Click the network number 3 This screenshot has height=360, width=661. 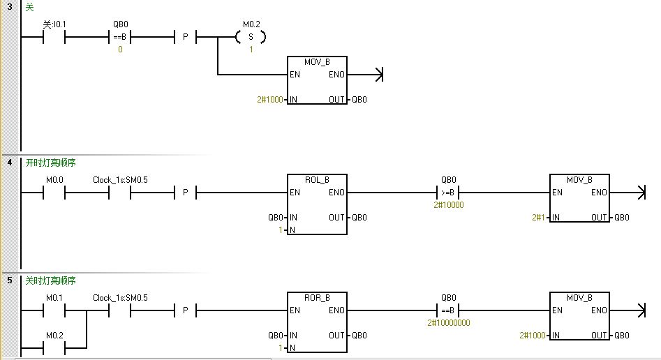click(x=9, y=7)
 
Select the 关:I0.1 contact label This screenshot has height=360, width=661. click(x=55, y=24)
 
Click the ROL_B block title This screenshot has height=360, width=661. click(x=317, y=179)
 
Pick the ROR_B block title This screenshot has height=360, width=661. click(x=317, y=297)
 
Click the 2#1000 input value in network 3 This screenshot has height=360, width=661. click(x=270, y=100)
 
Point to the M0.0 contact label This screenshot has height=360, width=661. click(x=54, y=179)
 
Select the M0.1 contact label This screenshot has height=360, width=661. click(x=54, y=297)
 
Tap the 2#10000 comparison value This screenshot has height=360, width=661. click(x=447, y=205)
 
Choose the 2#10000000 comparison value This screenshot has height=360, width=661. click(x=447, y=322)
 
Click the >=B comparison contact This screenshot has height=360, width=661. click(x=447, y=193)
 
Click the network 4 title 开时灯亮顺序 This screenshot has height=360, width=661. click(x=50, y=163)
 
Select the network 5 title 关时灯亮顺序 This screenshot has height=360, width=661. click(x=50, y=280)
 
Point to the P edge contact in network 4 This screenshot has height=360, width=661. click(x=185, y=193)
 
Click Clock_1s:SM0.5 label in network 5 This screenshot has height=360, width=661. click(x=121, y=297)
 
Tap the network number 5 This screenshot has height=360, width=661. click(x=9, y=280)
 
